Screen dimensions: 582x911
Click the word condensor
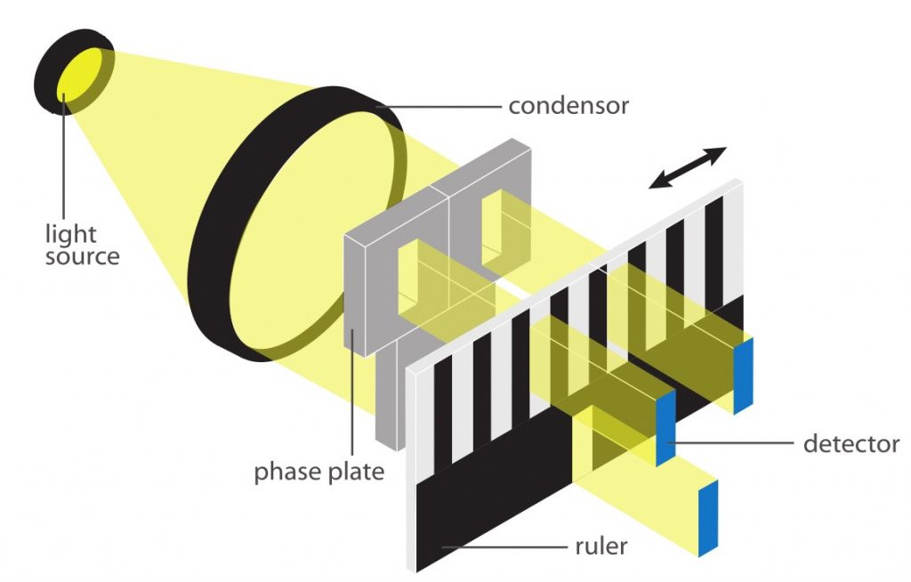pyautogui.click(x=568, y=106)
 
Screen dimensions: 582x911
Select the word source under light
pyautogui.click(x=82, y=257)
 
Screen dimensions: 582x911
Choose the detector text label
pyautogui.click(x=851, y=442)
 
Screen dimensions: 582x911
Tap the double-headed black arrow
pyautogui.click(x=688, y=167)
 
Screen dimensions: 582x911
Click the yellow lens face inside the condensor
pyautogui.click(x=302, y=222)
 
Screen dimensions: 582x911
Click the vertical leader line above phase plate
pyautogui.click(x=352, y=392)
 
